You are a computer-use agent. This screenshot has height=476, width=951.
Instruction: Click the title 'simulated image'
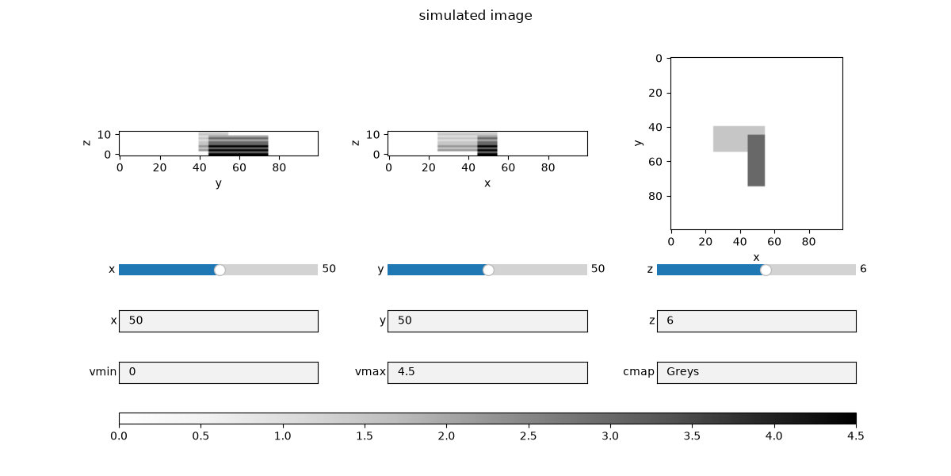click(x=475, y=15)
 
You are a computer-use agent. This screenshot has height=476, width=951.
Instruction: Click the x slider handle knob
click(x=220, y=270)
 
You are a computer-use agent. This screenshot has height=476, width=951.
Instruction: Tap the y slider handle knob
click(x=488, y=270)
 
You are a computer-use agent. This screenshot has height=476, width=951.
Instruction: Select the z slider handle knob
click(x=766, y=270)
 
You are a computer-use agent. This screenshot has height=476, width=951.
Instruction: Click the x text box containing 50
click(x=219, y=321)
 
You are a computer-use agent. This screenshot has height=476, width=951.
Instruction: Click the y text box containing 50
click(x=487, y=321)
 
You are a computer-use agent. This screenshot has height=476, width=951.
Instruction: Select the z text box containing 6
click(x=757, y=321)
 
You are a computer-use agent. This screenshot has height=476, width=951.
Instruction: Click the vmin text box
click(x=219, y=373)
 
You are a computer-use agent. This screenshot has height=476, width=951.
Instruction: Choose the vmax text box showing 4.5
click(x=487, y=373)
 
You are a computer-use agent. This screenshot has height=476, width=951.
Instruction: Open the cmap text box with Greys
click(x=757, y=373)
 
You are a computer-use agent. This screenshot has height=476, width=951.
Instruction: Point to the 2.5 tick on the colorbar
click(x=528, y=425)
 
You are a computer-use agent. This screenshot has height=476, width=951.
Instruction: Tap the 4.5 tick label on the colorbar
click(x=855, y=436)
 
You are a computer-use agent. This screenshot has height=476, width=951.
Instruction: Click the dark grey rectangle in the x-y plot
click(x=756, y=160)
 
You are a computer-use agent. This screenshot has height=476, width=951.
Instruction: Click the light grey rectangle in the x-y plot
click(x=730, y=139)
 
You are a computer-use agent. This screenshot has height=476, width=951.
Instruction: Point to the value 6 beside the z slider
click(x=863, y=269)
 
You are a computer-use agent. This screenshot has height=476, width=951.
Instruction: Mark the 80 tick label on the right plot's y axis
click(x=655, y=196)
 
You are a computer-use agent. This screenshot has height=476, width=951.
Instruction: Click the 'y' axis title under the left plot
click(x=218, y=183)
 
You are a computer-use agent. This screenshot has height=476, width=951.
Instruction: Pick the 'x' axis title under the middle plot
click(x=487, y=183)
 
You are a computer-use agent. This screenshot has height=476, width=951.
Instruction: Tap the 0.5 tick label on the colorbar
click(x=201, y=436)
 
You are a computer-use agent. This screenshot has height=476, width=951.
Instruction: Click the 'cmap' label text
click(x=639, y=372)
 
